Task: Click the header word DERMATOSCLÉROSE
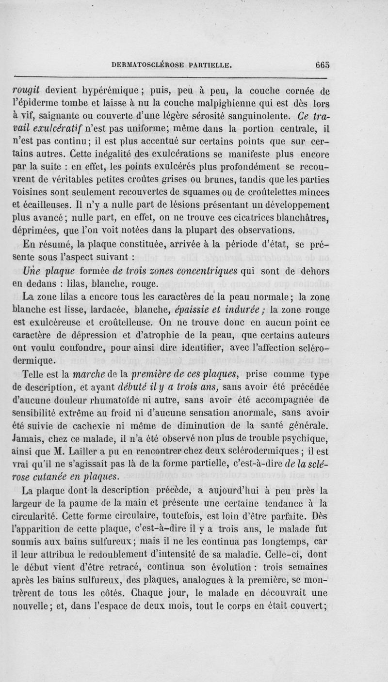154,63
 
